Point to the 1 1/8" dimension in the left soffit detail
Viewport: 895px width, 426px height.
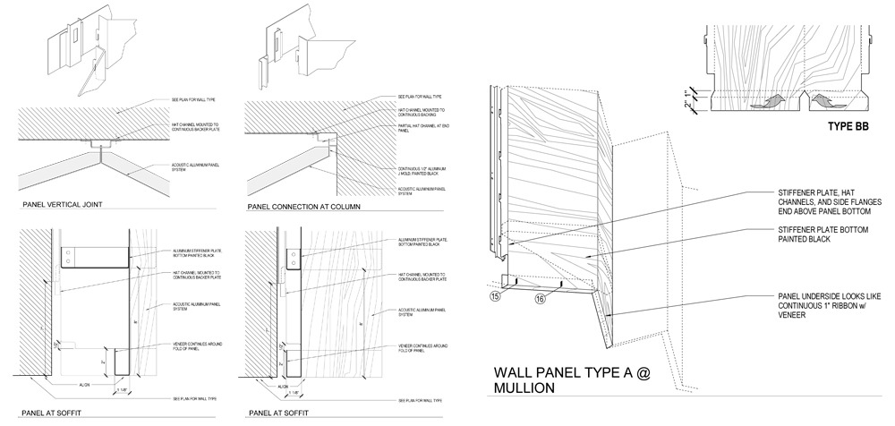click(x=122, y=390)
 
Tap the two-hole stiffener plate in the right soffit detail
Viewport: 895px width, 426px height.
click(x=294, y=259)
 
